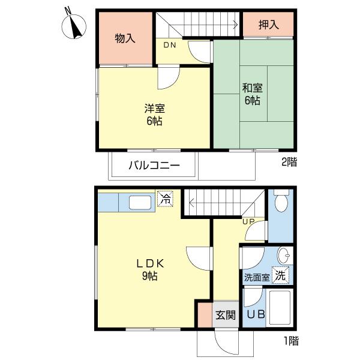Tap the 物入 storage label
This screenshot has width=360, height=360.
click(x=125, y=38)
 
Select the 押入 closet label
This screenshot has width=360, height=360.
click(x=269, y=25)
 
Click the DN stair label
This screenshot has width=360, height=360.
click(x=170, y=45)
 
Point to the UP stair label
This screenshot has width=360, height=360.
click(x=248, y=221)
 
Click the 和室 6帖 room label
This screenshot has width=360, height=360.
click(x=253, y=94)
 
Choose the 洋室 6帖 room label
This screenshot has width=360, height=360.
click(x=155, y=115)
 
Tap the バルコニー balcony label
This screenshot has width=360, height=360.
click(x=154, y=166)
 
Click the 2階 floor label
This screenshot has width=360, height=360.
click(x=289, y=162)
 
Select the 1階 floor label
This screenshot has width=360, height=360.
click(x=292, y=341)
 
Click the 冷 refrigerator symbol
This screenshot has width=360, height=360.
click(x=165, y=199)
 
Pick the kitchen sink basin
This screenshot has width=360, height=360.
click(x=140, y=203)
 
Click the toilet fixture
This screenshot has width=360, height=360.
click(x=281, y=201)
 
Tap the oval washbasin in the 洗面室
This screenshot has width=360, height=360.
click(x=284, y=256)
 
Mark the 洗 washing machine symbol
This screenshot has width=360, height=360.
click(x=281, y=275)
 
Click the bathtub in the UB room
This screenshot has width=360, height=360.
click(x=280, y=308)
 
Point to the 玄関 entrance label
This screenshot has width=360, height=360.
click(x=226, y=315)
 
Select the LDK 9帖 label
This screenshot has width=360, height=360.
click(x=150, y=269)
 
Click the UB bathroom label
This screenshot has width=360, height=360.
click(x=256, y=314)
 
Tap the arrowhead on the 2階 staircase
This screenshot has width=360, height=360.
click(x=236, y=24)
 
